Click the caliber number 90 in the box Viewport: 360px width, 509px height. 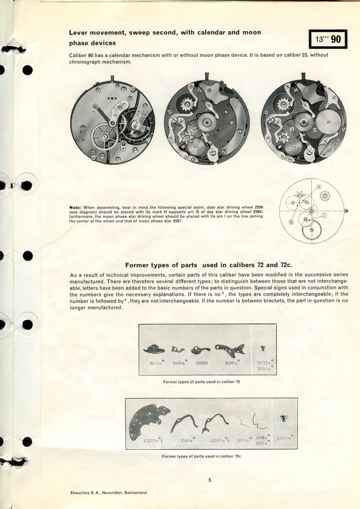point(336,39)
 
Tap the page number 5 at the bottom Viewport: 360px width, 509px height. point(210,480)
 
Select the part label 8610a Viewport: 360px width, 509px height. point(156,363)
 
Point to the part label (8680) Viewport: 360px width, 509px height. point(202,363)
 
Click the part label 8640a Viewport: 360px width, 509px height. point(179,363)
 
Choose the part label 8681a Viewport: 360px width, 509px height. point(231,363)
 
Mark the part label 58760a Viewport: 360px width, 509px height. point(264,368)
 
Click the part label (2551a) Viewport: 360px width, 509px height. point(153,440)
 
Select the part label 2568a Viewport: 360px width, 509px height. point(187,440)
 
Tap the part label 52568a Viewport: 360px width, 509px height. point(284,438)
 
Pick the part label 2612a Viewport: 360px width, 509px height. point(261,443)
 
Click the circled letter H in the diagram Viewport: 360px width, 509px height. point(319,186)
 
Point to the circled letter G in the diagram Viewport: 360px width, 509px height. point(291,222)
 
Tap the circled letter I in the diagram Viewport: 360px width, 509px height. point(324,216)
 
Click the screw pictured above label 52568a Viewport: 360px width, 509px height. point(283,418)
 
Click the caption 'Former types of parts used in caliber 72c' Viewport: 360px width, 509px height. point(201,456)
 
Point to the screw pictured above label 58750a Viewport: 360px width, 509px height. point(262,348)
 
